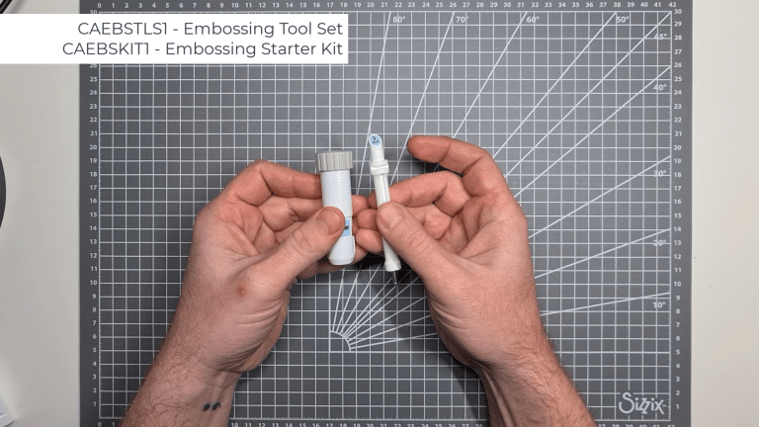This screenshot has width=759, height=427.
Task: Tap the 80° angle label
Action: (x=398, y=19)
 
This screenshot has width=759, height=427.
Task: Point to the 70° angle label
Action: (x=463, y=19)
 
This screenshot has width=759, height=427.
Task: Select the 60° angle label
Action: (x=533, y=19)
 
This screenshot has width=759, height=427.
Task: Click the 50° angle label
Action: (x=623, y=19)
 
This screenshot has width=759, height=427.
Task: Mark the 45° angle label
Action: (x=661, y=37)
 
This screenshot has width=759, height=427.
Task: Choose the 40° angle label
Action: (x=661, y=87)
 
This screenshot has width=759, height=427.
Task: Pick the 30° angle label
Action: (x=661, y=173)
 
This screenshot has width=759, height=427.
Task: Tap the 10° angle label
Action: (x=660, y=304)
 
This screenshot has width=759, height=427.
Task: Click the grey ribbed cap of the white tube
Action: (x=335, y=160)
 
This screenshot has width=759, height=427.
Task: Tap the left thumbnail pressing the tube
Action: (x=330, y=221)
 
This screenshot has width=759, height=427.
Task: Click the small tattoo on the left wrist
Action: (x=211, y=404)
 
